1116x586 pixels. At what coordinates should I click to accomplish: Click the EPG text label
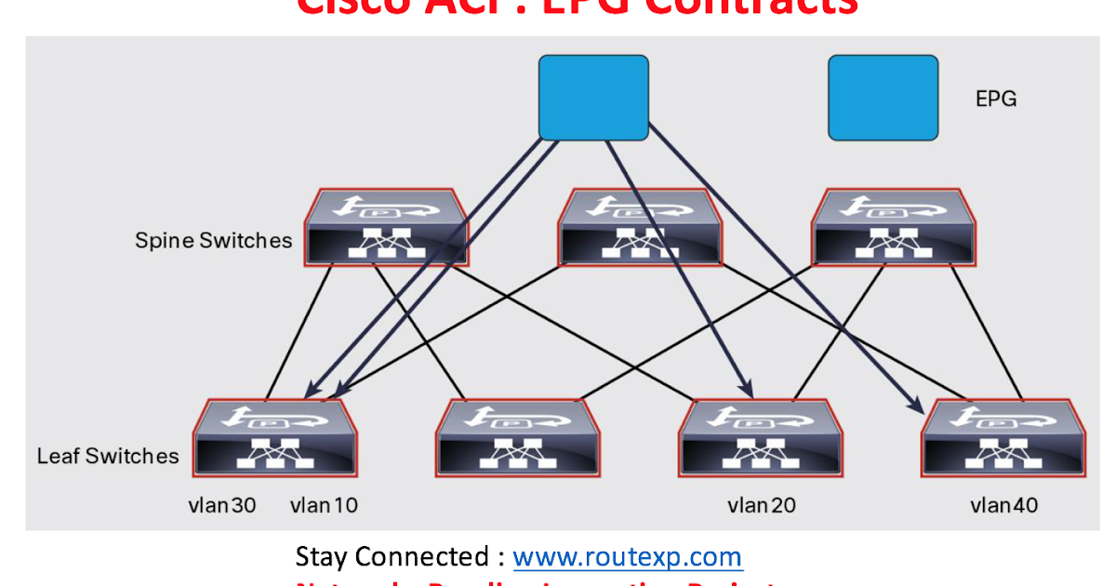[995, 99]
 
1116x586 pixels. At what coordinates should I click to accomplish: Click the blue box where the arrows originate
[593, 98]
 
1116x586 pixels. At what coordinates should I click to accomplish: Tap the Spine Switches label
[213, 240]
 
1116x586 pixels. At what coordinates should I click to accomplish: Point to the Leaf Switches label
[108, 456]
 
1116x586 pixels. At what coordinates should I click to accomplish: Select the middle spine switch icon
[638, 228]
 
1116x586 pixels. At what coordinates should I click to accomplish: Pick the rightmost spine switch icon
[893, 228]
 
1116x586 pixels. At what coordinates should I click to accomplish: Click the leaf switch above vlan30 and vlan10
[274, 439]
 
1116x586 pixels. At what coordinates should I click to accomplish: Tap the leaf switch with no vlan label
[518, 439]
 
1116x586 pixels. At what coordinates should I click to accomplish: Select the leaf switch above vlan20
[761, 439]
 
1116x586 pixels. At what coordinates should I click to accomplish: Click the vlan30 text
[221, 505]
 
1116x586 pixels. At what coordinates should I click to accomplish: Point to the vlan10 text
[324, 505]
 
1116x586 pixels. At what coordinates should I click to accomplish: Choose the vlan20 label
[761, 505]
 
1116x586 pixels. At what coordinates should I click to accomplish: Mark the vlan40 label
[1003, 505]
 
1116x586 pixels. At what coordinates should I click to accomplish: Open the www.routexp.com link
[627, 557]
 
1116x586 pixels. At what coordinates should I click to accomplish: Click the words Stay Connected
[391, 557]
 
